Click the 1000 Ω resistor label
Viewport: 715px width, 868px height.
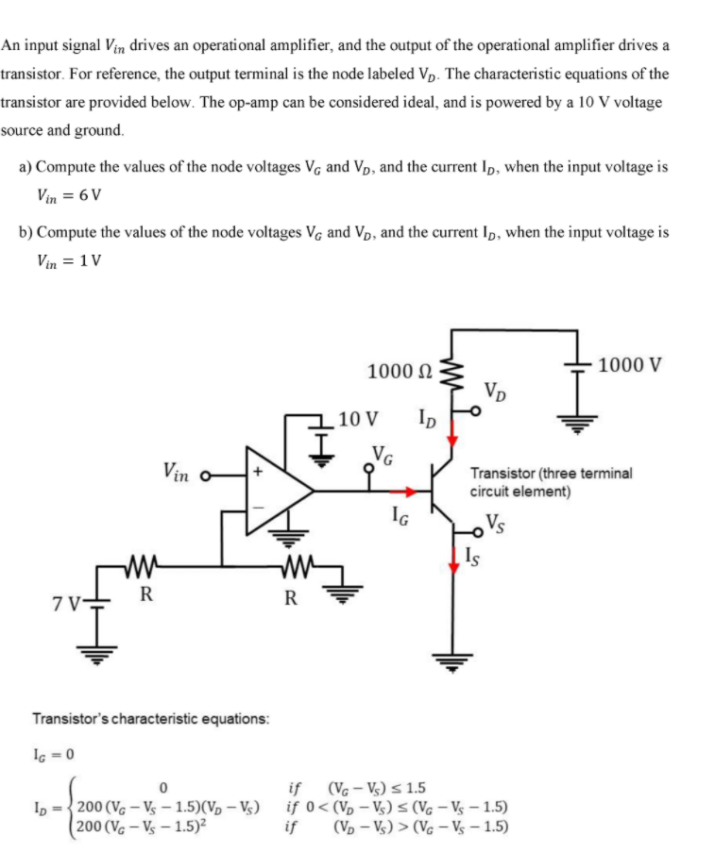[x=400, y=372]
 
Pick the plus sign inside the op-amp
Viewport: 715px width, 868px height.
[x=255, y=469]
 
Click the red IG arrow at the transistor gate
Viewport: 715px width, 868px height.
[x=402, y=491]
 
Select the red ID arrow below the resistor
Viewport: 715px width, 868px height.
[x=451, y=432]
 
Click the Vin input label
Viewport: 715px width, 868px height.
[x=180, y=469]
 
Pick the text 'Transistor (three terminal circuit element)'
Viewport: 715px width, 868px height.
[x=552, y=482]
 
